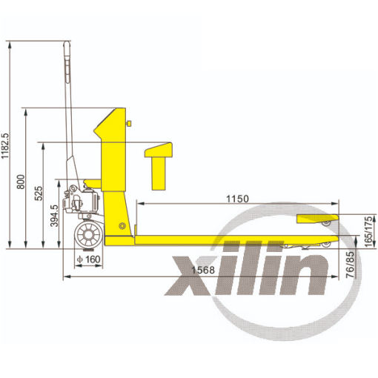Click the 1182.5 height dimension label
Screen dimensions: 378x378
click(x=6, y=147)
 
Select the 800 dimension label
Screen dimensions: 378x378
click(x=21, y=181)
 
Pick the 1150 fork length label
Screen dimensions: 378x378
click(x=236, y=199)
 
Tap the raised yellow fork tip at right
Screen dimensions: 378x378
click(x=317, y=219)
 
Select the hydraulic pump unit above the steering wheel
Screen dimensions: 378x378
click(x=82, y=200)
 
